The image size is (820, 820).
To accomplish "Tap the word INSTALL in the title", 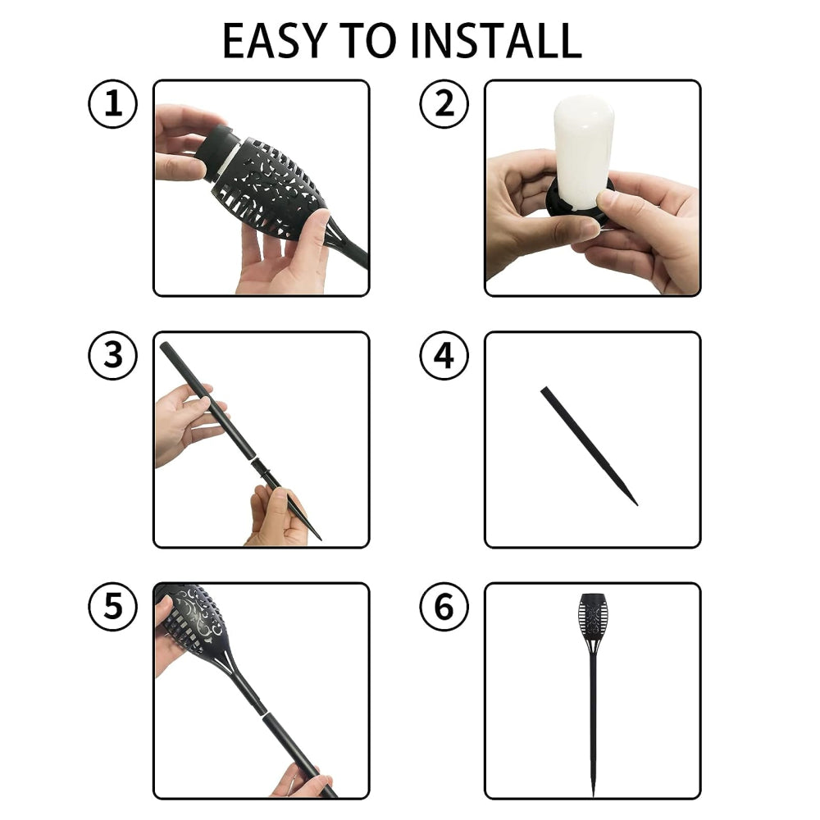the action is click(496, 40).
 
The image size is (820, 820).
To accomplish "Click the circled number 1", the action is click(112, 103).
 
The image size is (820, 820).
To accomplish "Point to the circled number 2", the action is click(444, 103).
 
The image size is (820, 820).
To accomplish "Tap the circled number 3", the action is click(112, 355).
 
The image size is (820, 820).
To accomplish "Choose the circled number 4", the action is click(444, 355).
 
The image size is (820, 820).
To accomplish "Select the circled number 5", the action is click(112, 607).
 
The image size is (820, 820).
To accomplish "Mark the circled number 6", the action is click(444, 607).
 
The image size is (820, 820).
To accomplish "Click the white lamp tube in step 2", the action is click(583, 152).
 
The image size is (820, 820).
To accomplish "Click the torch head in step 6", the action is click(593, 622).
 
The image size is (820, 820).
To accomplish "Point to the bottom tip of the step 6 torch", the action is click(593, 796).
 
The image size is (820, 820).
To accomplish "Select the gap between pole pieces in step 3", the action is click(253, 459).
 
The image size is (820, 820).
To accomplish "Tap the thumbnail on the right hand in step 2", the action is click(607, 199).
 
